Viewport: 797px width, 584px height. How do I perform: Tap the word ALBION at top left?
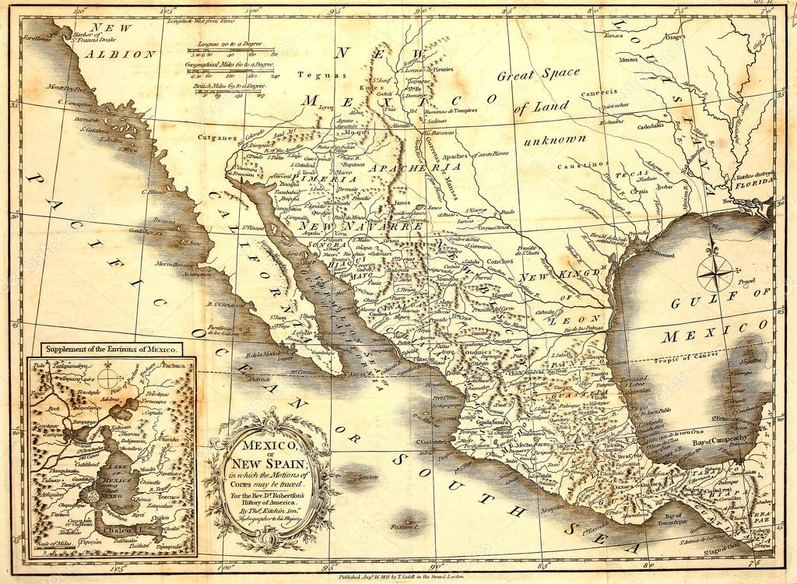tap(121, 54)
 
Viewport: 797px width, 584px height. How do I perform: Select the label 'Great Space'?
tap(539, 75)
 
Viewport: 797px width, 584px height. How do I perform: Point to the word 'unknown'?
tap(554, 140)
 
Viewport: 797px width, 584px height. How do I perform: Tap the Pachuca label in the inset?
tap(172, 364)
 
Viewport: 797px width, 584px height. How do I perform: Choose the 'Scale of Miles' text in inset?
tap(50, 543)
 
